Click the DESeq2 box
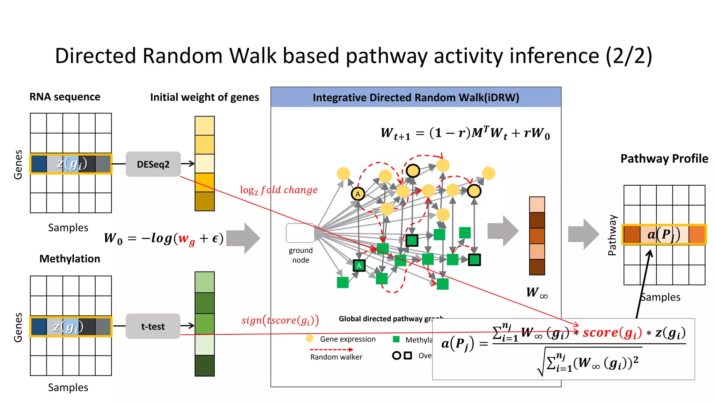click(153, 164)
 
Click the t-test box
click(153, 326)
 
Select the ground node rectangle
click(300, 233)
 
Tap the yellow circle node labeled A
click(358, 194)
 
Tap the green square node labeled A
click(359, 266)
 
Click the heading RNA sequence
click(65, 97)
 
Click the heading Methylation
click(69, 259)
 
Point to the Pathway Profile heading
click(664, 158)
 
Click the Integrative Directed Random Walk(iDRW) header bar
click(415, 97)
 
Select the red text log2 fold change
click(279, 190)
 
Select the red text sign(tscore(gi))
click(280, 320)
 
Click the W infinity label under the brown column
click(537, 292)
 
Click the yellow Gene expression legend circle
click(309, 338)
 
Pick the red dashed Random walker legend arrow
click(331, 349)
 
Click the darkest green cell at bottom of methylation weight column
click(205, 365)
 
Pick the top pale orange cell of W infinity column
click(537, 204)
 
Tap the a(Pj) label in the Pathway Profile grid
click(664, 234)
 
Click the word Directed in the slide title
click(95, 55)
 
